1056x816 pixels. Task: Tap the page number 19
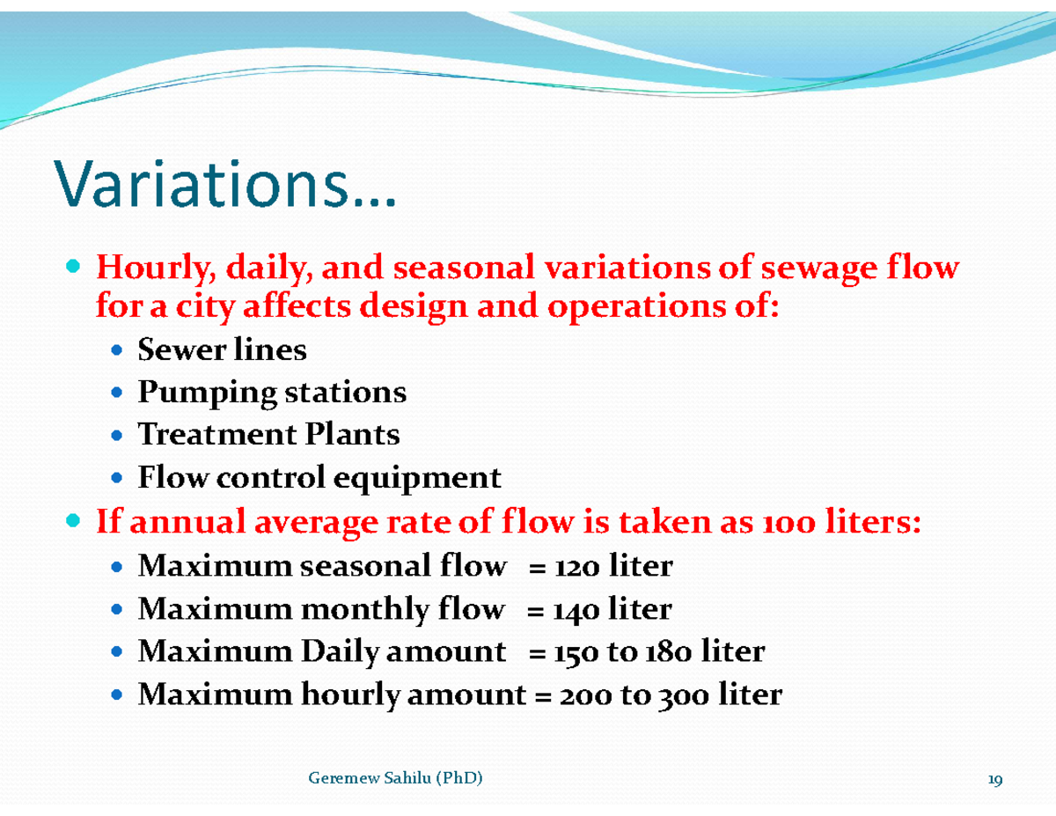[995, 780]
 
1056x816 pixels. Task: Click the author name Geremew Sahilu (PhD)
[396, 778]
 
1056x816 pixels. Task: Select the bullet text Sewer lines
[222, 350]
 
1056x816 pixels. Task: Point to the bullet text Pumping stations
[272, 393]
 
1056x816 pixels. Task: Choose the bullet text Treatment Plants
[268, 434]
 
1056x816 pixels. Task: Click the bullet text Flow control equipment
[319, 478]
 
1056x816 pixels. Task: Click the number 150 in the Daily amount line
[576, 652]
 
